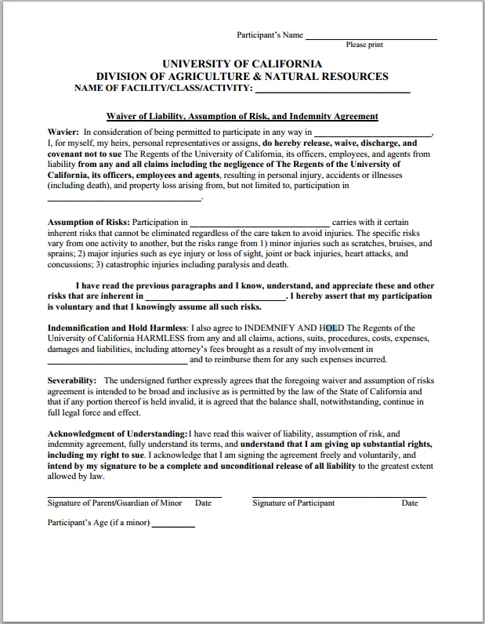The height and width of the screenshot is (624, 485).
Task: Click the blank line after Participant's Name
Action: pyautogui.click(x=371, y=38)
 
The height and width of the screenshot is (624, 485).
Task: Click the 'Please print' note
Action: pyautogui.click(x=364, y=45)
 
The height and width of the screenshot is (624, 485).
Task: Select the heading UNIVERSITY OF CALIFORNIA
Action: pyautogui.click(x=241, y=63)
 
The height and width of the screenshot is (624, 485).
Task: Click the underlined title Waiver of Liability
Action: pyautogui.click(x=242, y=116)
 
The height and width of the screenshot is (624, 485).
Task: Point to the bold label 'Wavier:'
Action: pyautogui.click(x=63, y=132)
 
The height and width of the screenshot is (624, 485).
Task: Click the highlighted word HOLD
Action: pyautogui.click(x=331, y=328)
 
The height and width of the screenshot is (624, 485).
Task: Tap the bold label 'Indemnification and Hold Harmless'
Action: pyautogui.click(x=117, y=328)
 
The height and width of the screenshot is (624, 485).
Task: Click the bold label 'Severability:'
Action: pyautogui.click(x=72, y=380)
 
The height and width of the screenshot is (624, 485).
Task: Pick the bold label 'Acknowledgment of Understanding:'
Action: pyautogui.click(x=118, y=434)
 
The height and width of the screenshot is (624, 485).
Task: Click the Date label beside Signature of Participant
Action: pyautogui.click(x=410, y=503)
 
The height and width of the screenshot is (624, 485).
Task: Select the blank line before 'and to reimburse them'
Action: pyautogui.click(x=118, y=361)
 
